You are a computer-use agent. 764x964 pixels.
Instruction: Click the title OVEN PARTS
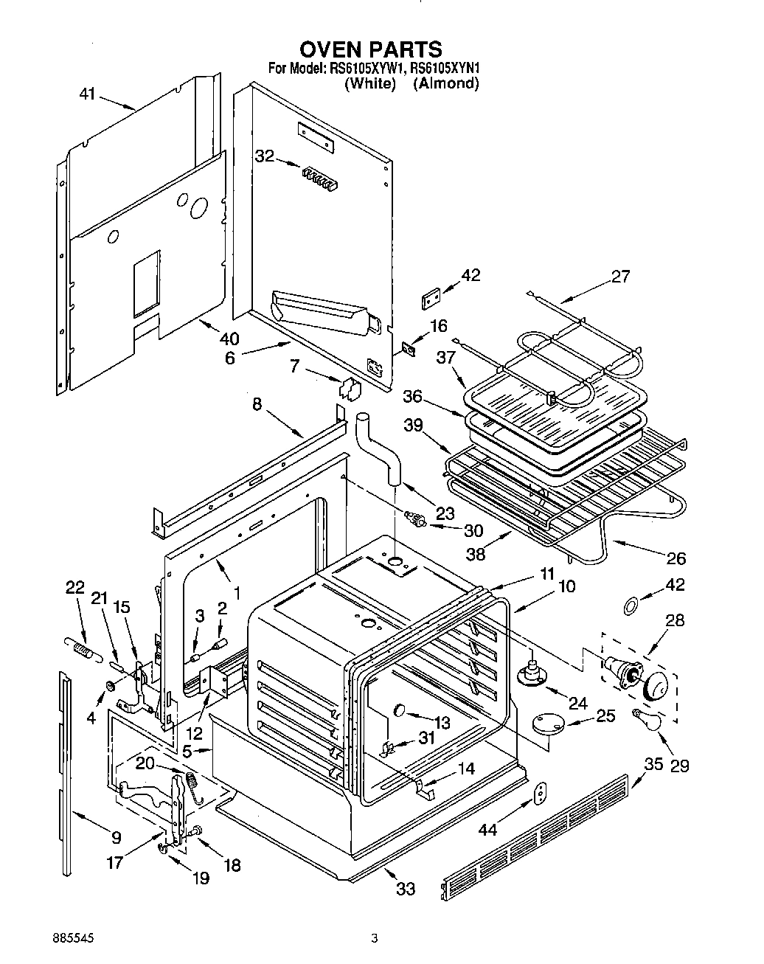coord(370,49)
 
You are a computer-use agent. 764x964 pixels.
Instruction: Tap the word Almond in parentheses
coord(446,83)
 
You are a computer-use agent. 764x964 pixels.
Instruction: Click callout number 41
coord(87,95)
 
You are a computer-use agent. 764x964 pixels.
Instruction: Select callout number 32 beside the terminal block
coord(264,156)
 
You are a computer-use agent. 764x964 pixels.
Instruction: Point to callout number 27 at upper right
coord(621,277)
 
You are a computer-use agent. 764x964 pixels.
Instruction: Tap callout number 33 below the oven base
coord(406,888)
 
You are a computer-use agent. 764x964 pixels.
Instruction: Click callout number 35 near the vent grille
coord(653,764)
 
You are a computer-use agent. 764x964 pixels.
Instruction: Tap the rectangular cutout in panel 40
coord(146,282)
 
